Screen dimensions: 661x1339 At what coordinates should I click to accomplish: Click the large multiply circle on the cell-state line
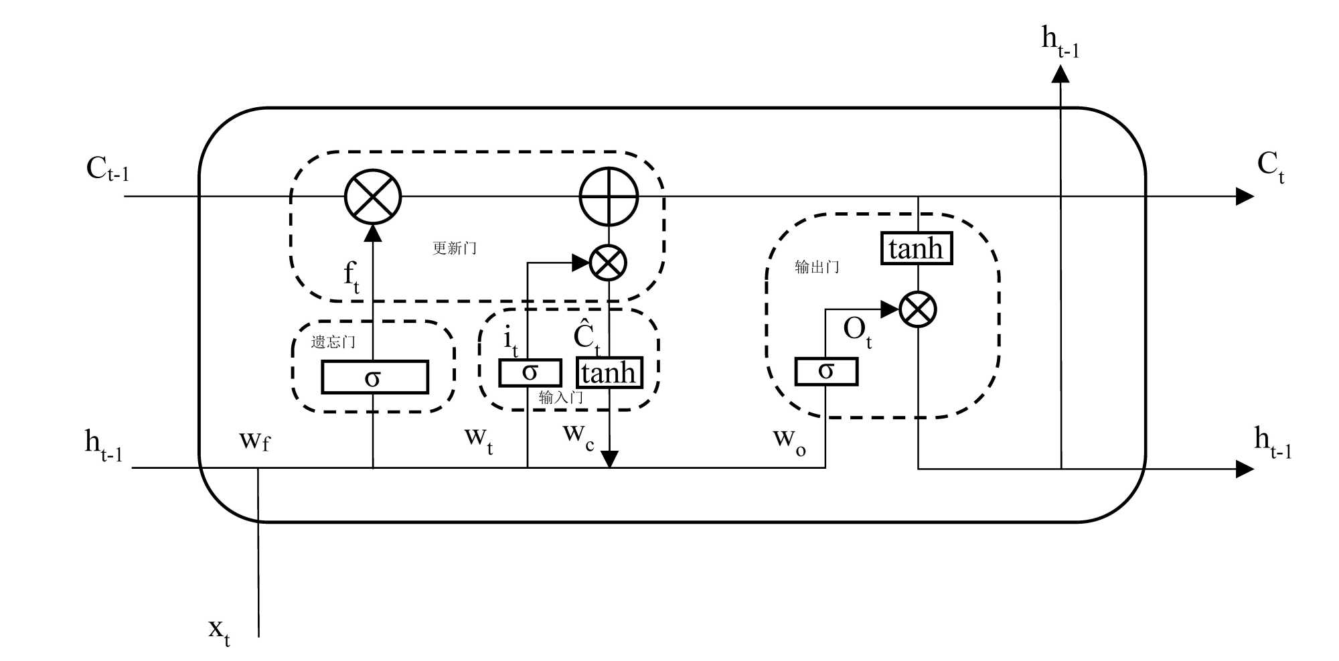(373, 197)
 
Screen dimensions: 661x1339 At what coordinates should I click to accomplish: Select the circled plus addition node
(609, 197)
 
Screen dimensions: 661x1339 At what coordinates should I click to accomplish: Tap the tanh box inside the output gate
(916, 248)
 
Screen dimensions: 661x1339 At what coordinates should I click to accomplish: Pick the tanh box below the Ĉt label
(609, 373)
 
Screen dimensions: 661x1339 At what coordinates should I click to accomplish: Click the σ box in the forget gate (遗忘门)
(374, 378)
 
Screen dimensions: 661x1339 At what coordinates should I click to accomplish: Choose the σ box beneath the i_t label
(530, 372)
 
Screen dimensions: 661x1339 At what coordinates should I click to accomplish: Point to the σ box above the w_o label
(825, 372)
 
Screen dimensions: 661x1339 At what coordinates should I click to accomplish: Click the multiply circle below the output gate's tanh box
(917, 309)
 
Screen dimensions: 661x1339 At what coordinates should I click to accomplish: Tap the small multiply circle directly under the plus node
(608, 262)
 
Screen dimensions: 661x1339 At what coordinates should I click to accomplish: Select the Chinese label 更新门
(455, 248)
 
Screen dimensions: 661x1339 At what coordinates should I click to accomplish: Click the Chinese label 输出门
(817, 267)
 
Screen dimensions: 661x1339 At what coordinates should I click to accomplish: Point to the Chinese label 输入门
(560, 398)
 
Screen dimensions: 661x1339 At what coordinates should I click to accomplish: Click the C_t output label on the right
(1270, 166)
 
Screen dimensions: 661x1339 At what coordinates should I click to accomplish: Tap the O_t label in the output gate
(857, 332)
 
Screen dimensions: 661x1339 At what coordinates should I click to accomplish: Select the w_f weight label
(254, 440)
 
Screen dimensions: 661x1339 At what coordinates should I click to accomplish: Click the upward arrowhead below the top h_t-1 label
(1060, 74)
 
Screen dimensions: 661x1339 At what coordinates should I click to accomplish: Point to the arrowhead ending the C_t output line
(1244, 197)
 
